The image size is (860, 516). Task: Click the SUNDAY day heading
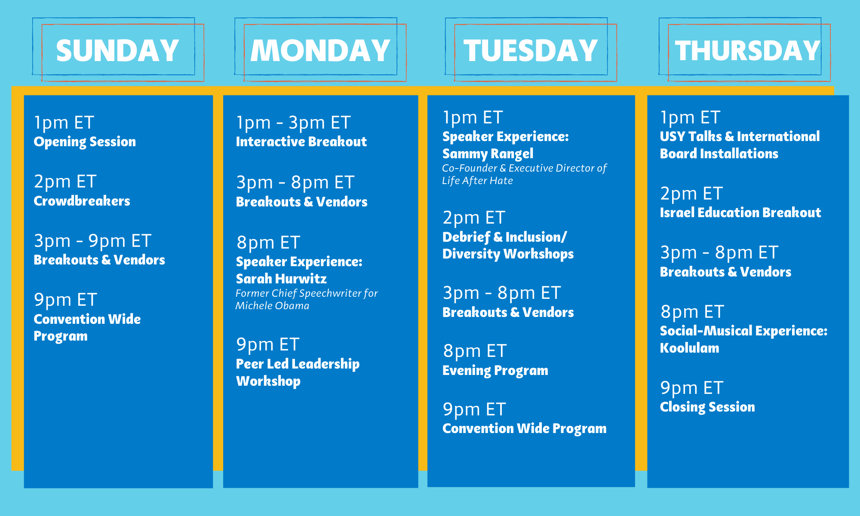[x=117, y=51]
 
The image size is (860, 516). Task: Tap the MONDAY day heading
[x=320, y=51]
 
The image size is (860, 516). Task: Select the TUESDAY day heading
[x=531, y=51]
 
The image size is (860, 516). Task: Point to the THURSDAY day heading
[x=748, y=51]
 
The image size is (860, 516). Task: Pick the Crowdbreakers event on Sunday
[x=82, y=201]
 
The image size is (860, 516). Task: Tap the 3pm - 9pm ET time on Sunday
[x=92, y=241]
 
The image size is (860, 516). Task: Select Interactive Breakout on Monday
[x=301, y=141]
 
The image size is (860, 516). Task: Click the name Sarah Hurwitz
[x=281, y=279]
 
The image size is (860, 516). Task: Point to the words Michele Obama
[x=272, y=306]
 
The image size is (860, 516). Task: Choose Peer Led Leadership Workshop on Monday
[x=298, y=372]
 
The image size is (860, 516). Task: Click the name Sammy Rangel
[x=488, y=154]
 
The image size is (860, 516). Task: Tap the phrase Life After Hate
[x=477, y=181]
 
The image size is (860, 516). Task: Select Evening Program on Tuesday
[x=495, y=371]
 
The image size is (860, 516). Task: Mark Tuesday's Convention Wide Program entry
[x=525, y=429]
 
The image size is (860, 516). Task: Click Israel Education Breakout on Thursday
[x=740, y=212]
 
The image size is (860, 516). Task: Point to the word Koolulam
[x=689, y=348]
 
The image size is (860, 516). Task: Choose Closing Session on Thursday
[x=707, y=407]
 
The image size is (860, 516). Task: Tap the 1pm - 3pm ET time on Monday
[x=293, y=123]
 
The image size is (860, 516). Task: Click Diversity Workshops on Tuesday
[x=508, y=254]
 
